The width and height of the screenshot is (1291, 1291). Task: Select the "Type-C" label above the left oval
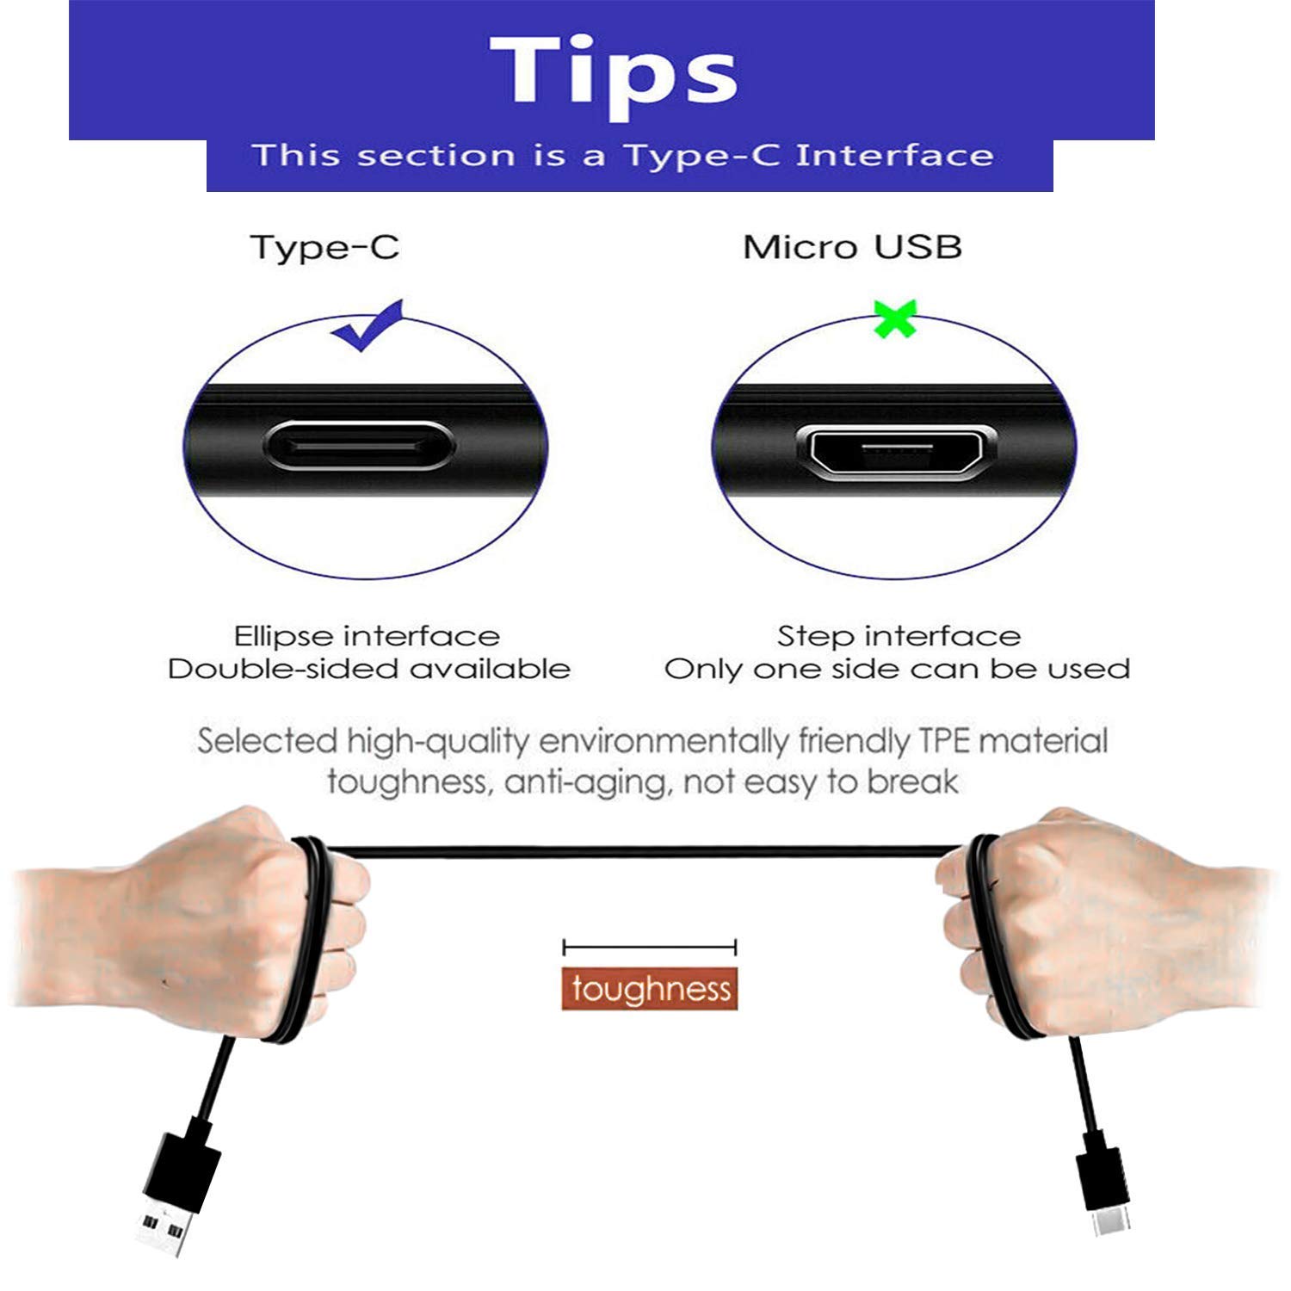[x=324, y=248]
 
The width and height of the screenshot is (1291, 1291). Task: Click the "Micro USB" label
[x=852, y=248]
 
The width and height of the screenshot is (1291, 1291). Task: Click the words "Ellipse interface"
[x=367, y=636]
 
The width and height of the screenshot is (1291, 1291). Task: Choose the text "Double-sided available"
[x=368, y=670]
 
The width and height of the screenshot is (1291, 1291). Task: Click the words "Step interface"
[x=899, y=636]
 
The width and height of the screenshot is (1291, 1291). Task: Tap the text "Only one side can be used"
[x=897, y=670]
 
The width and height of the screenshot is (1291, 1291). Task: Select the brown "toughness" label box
[x=650, y=989]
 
